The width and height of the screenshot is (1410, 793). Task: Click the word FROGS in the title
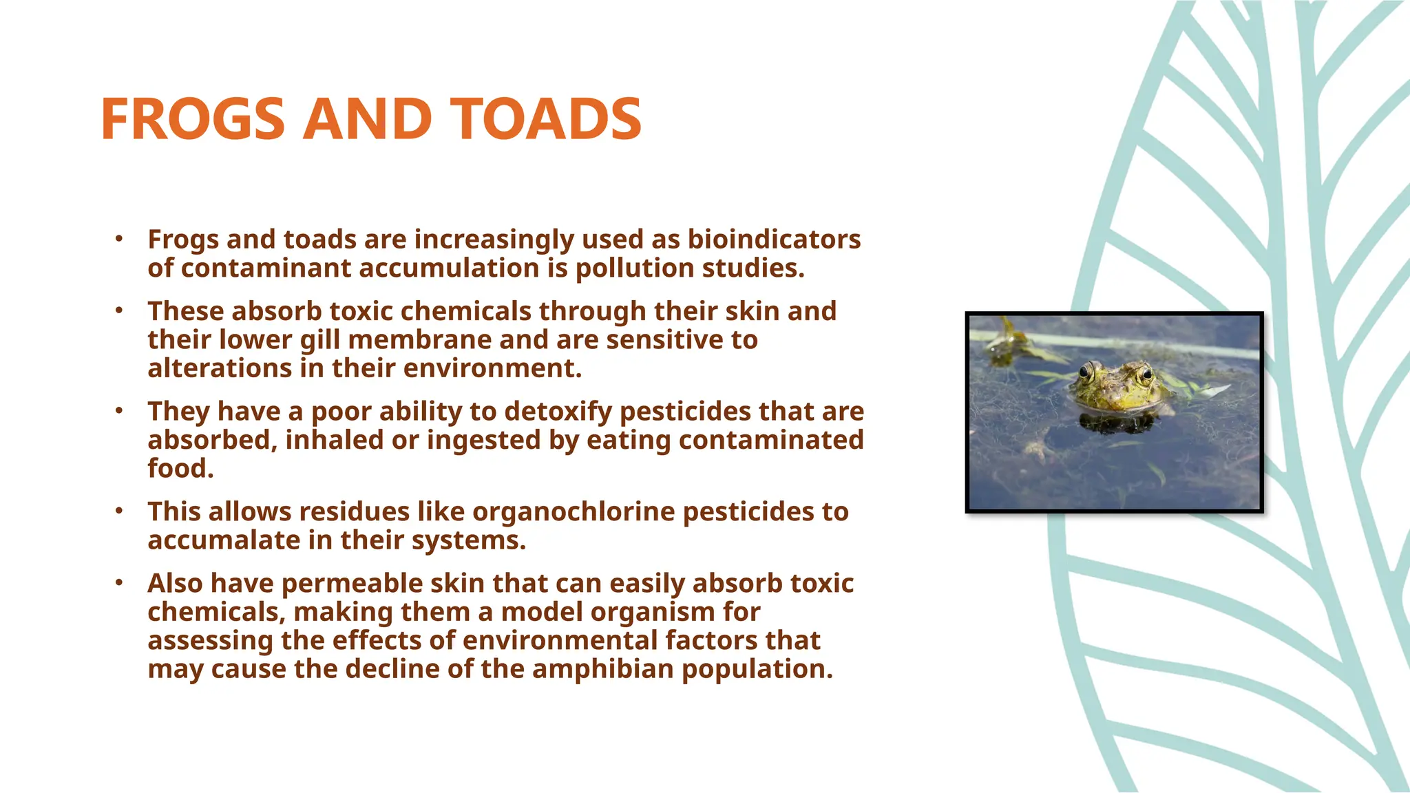pos(192,119)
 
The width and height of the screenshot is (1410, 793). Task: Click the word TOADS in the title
pos(546,119)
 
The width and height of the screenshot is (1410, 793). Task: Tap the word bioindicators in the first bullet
pos(774,240)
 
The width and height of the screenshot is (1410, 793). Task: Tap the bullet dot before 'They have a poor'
pos(118,411)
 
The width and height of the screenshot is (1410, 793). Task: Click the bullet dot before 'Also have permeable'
pos(118,583)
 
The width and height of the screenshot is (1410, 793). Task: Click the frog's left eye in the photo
pos(1086,372)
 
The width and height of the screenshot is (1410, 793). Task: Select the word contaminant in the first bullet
pos(266,268)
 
